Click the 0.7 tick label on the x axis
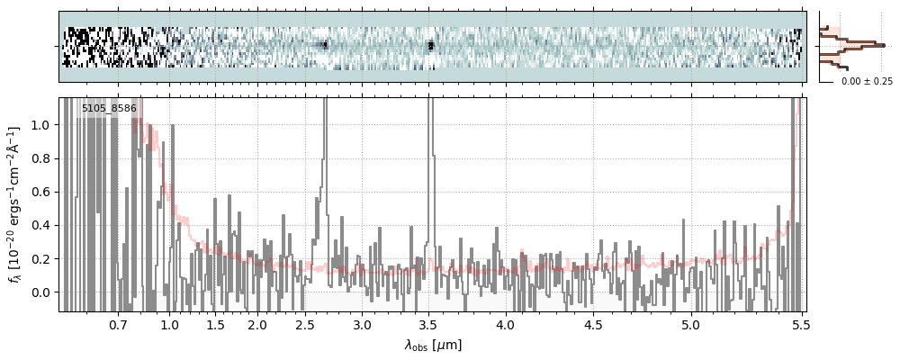point(118,324)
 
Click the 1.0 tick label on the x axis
point(169,324)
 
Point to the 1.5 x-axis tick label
point(215,324)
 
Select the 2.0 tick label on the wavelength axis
point(257,324)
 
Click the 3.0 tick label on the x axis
point(362,324)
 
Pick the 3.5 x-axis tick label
point(431,324)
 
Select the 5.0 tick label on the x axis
point(690,324)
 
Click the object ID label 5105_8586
point(109,109)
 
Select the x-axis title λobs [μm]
point(433,344)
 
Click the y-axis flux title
point(15,204)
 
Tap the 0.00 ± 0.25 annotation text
point(867,82)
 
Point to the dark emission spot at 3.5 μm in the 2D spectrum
point(431,45)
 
